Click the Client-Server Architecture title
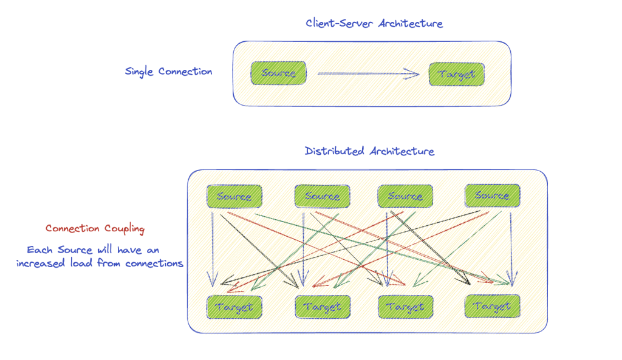pyautogui.click(x=374, y=24)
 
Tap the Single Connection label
pyautogui.click(x=168, y=72)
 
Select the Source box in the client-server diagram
pyautogui.click(x=279, y=73)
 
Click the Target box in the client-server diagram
pyautogui.click(x=456, y=74)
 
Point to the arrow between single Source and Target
pyautogui.click(x=368, y=74)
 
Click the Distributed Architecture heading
pyautogui.click(x=369, y=151)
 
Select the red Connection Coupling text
pyautogui.click(x=95, y=229)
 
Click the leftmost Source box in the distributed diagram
pyautogui.click(x=234, y=196)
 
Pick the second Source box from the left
pyautogui.click(x=322, y=196)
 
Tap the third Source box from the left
pyautogui.click(x=405, y=196)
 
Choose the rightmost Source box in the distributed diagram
pyautogui.click(x=492, y=195)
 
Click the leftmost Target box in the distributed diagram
pyautogui.click(x=234, y=307)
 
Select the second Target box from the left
pyautogui.click(x=323, y=307)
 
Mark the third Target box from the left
pyautogui.click(x=405, y=307)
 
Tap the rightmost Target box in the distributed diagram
pyautogui.click(x=492, y=306)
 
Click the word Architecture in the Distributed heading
pyautogui.click(x=402, y=151)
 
